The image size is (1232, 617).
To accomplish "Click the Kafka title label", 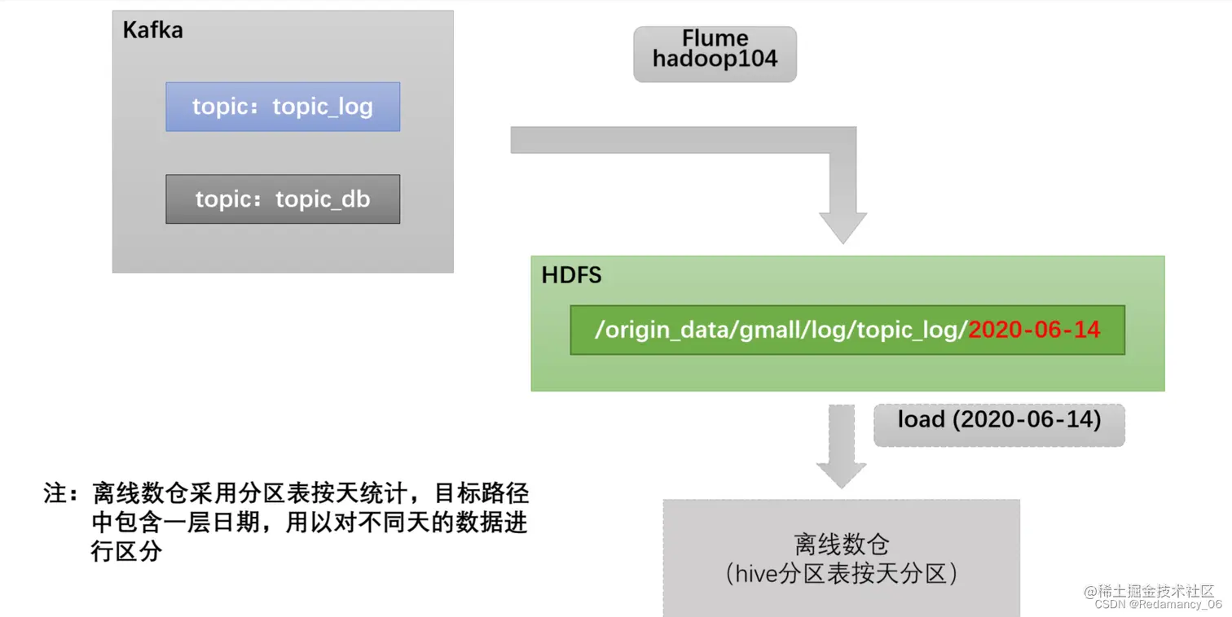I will (152, 31).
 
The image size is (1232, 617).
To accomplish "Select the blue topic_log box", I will (283, 107).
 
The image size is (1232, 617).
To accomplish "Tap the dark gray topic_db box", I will (283, 199).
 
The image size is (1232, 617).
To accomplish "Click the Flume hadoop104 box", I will (715, 54).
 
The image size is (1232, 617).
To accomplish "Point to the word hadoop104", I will (715, 59).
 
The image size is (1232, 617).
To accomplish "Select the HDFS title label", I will (571, 275).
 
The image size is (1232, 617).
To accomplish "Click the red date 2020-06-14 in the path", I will (1034, 330).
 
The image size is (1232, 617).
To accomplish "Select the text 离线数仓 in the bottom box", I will (841, 544).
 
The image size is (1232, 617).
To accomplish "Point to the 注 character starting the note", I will (56, 493).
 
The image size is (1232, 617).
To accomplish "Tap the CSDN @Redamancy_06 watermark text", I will (1158, 605).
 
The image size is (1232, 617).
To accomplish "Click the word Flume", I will (715, 38).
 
